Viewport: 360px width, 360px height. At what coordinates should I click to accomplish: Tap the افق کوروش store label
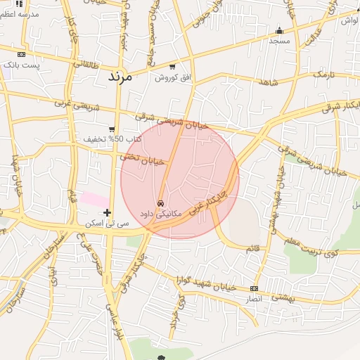click(173, 77)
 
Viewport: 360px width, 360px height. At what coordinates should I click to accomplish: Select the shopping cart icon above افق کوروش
click(172, 66)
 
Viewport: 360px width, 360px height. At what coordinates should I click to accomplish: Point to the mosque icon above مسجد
click(280, 30)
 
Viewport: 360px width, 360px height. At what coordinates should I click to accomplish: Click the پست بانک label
click(22, 65)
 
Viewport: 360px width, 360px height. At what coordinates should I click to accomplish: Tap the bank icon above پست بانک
click(21, 54)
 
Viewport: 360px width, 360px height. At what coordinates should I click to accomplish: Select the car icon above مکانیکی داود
click(161, 202)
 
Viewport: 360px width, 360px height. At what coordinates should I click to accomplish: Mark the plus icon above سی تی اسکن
click(107, 212)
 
